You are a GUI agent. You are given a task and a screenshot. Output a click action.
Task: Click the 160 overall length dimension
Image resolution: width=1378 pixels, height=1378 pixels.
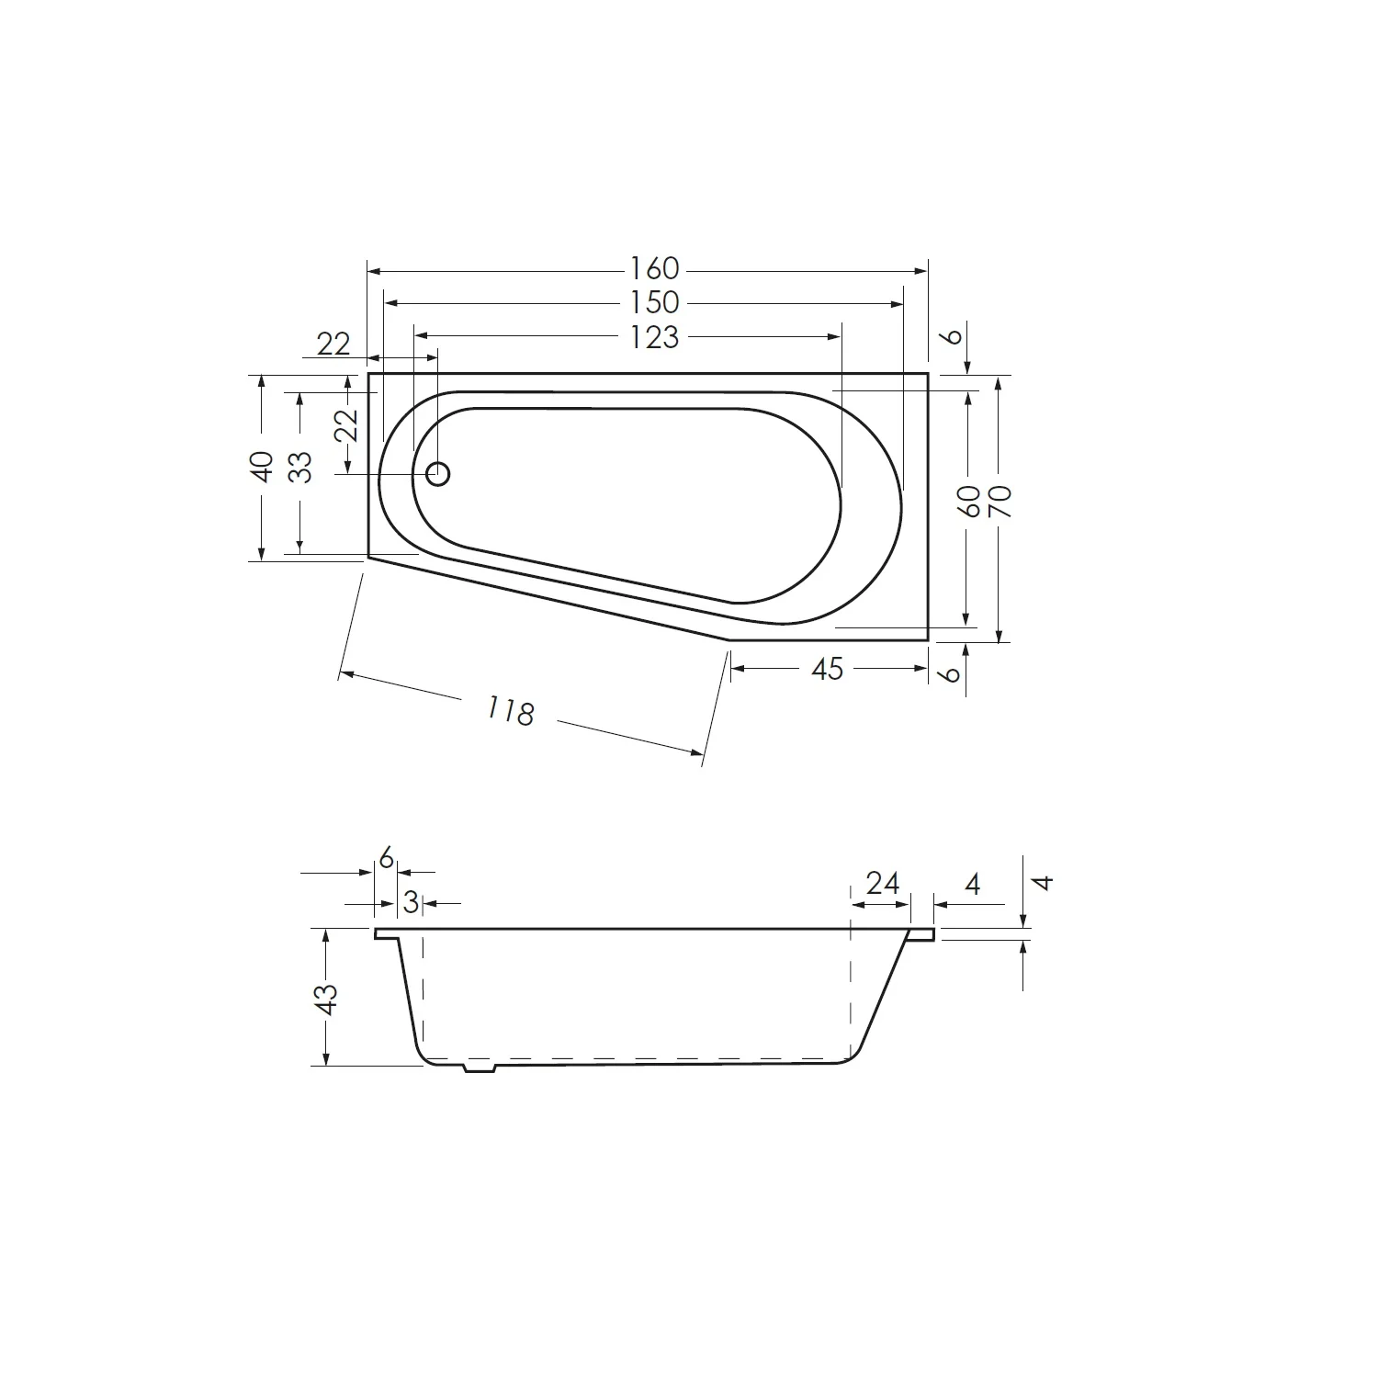(654, 268)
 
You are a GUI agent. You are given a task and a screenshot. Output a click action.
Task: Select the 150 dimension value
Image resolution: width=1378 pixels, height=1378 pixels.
(654, 302)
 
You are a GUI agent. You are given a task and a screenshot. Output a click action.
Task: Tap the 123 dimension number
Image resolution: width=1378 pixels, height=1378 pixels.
(654, 337)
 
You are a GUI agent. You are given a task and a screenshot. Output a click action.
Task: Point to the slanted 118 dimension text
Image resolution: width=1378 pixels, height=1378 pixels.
(510, 710)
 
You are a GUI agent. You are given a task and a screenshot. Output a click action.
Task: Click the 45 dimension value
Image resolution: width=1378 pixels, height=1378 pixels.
(827, 669)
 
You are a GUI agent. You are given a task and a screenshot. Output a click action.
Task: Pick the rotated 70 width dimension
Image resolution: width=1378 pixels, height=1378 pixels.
(1000, 502)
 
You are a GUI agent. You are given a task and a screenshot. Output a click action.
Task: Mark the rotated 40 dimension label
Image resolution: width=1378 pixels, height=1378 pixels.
(263, 467)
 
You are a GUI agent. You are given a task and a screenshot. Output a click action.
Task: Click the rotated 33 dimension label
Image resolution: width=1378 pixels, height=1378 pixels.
(300, 467)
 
